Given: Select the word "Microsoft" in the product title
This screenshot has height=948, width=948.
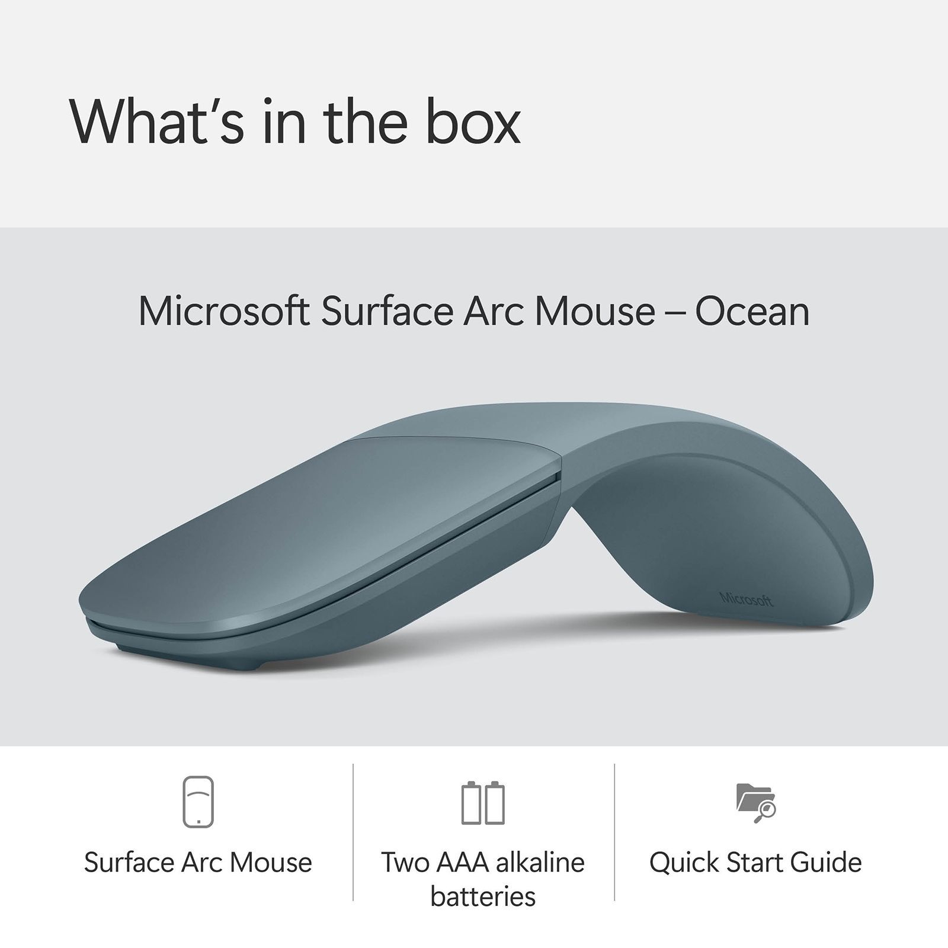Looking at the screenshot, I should [223, 312].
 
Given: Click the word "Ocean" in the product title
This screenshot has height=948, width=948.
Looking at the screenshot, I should [752, 312].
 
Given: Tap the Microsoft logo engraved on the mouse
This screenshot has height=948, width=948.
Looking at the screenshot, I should [747, 599].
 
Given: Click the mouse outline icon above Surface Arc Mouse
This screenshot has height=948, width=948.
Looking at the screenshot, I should [198, 801].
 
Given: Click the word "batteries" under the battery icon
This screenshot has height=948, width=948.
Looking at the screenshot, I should [483, 896].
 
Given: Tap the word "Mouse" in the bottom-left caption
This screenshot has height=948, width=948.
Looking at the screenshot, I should [271, 863].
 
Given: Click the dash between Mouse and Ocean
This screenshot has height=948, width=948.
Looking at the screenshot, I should [675, 313].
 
